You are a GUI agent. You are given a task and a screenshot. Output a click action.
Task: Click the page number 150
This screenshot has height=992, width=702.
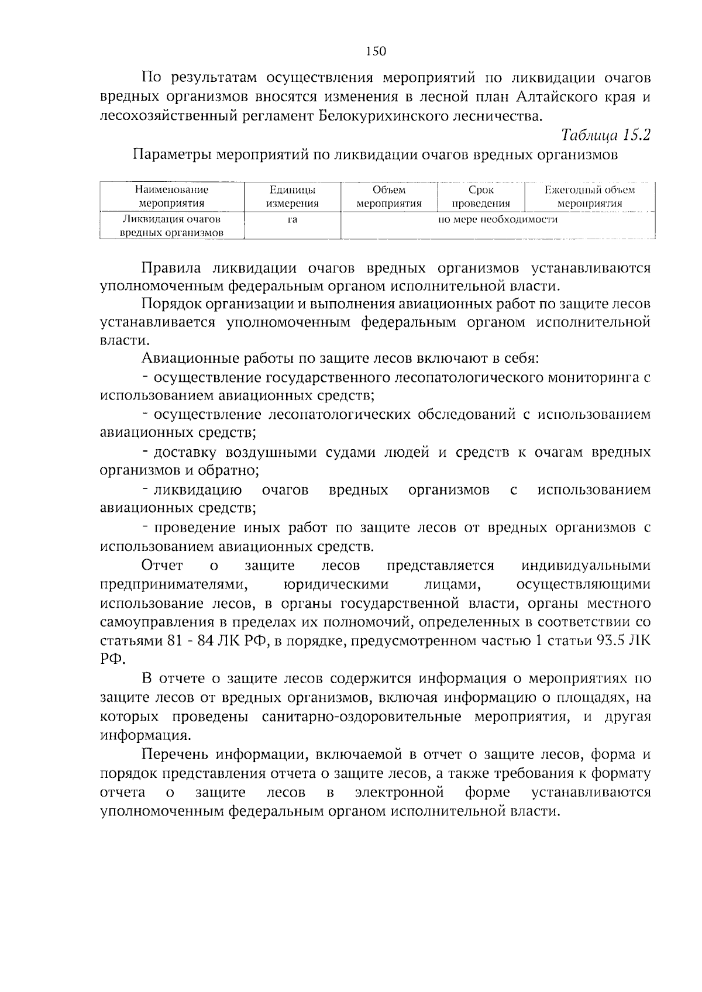(376, 51)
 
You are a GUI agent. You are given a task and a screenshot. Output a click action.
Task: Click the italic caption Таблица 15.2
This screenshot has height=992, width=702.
(605, 135)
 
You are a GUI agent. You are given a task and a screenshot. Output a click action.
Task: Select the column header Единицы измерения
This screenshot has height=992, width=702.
(292, 197)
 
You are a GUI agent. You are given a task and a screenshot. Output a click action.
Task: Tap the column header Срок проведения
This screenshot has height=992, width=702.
(481, 197)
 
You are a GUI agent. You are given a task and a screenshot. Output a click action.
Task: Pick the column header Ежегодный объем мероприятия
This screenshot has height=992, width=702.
(589, 197)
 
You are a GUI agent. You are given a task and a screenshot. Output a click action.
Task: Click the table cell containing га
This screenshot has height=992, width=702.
(292, 220)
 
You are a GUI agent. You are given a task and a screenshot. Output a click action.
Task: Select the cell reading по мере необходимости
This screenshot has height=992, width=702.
(498, 220)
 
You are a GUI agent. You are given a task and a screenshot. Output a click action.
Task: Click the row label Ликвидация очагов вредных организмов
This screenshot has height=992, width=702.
(171, 226)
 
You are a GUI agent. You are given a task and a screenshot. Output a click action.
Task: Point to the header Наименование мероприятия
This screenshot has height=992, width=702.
(171, 197)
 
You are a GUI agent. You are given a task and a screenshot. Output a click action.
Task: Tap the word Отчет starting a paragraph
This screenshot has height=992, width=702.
(162, 566)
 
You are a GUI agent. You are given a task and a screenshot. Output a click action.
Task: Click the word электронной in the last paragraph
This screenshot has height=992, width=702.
(399, 793)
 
